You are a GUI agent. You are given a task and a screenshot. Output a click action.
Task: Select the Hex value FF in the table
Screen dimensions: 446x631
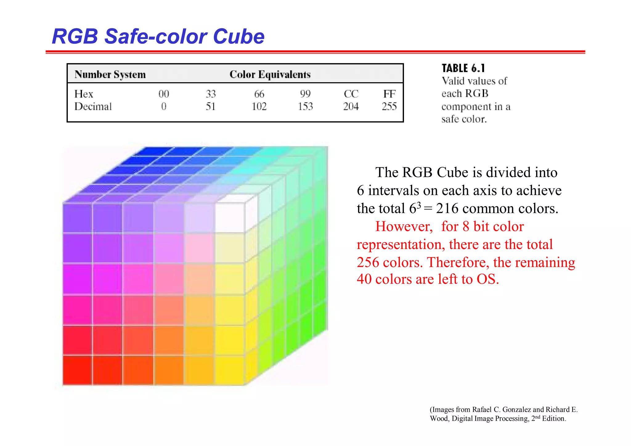[389, 94]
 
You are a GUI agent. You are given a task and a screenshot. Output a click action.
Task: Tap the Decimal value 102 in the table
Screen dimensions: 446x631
[259, 107]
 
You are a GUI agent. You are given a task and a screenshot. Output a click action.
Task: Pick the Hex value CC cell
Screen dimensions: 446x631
[351, 94]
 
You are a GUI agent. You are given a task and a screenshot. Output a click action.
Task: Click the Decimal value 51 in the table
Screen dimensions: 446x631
[210, 107]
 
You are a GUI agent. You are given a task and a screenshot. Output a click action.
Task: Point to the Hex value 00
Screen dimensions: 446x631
[164, 94]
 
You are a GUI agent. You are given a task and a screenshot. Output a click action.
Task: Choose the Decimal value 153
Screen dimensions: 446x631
[305, 107]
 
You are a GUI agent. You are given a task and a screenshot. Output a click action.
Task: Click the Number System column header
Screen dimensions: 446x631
[110, 75]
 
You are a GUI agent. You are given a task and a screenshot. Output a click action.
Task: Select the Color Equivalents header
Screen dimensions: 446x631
[270, 75]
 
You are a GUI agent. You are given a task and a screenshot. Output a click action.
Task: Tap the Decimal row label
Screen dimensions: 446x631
[93, 107]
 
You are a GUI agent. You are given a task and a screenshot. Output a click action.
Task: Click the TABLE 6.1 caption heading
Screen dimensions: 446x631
[463, 68]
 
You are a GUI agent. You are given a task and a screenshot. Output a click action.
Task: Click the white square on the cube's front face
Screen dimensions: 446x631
[230, 218]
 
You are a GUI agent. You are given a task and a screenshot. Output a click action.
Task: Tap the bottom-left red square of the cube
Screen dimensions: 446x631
[77, 370]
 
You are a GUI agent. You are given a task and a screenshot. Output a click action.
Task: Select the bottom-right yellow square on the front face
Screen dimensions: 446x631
[230, 370]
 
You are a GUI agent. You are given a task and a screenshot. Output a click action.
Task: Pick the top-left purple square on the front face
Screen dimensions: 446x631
[77, 218]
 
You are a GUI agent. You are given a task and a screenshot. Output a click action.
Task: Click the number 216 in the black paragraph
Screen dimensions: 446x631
[447, 209]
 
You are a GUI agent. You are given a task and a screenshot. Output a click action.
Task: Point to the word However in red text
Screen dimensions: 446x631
[404, 227]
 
